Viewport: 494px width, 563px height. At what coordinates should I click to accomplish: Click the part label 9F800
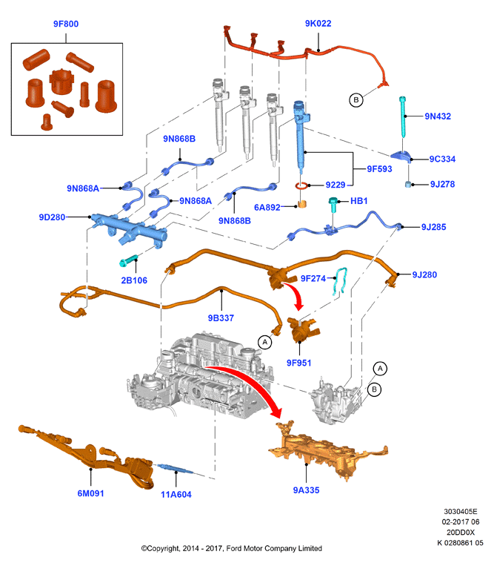tap(66, 24)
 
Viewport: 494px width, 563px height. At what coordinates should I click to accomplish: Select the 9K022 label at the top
tap(318, 24)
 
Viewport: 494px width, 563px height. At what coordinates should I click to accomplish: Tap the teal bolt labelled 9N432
tap(403, 116)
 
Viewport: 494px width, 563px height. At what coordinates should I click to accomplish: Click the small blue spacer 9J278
tap(408, 184)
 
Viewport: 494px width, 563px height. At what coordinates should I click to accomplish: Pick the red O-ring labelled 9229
tap(301, 186)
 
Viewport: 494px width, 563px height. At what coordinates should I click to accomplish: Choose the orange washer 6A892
tap(302, 205)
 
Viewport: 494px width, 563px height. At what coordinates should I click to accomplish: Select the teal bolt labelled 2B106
tap(128, 260)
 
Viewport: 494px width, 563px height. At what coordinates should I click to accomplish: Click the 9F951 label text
tap(298, 363)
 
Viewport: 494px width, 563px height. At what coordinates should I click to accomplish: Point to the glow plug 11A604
tap(176, 468)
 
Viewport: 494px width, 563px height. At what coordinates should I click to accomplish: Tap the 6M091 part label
tap(90, 493)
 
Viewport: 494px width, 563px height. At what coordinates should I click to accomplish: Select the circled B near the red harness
tap(356, 100)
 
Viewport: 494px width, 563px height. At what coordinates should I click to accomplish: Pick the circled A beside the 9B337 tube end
tap(265, 342)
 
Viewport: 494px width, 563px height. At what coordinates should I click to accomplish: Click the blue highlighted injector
tap(301, 135)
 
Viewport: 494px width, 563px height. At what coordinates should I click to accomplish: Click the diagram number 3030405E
tap(461, 512)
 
